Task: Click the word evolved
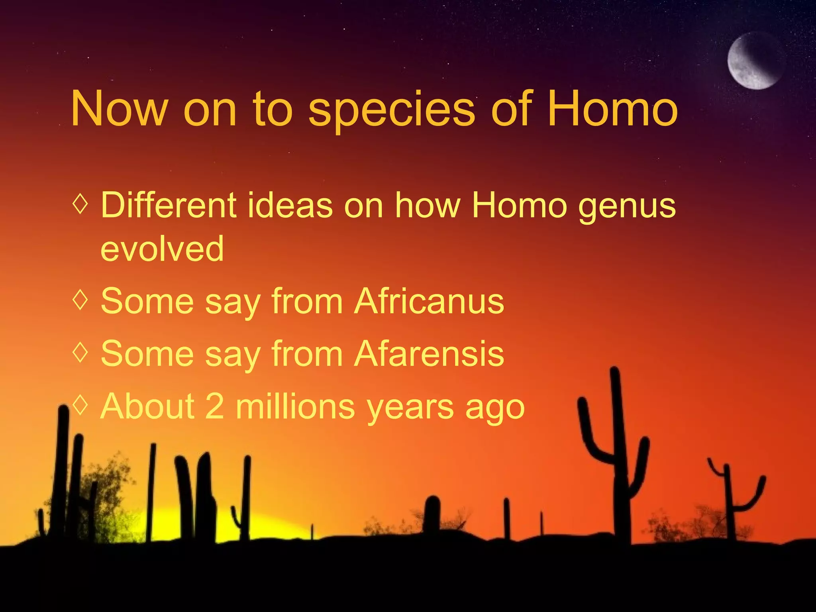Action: (x=162, y=249)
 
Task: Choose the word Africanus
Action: (x=429, y=301)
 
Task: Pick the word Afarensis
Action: (x=429, y=353)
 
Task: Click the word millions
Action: (x=295, y=406)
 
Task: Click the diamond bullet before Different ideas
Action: (x=80, y=204)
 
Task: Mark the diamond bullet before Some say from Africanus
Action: (x=80, y=300)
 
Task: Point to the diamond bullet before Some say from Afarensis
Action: (x=80, y=352)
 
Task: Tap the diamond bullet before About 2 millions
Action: (x=80, y=404)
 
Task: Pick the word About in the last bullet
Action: (x=147, y=406)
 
